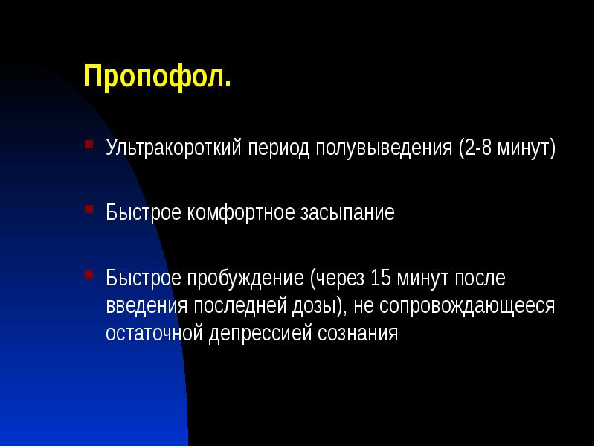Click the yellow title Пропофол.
pyautogui.click(x=157, y=77)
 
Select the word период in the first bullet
pyautogui.click(x=279, y=148)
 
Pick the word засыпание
pyautogui.click(x=347, y=214)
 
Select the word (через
pyautogui.click(x=338, y=279)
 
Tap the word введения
pyautogui.click(x=147, y=306)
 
